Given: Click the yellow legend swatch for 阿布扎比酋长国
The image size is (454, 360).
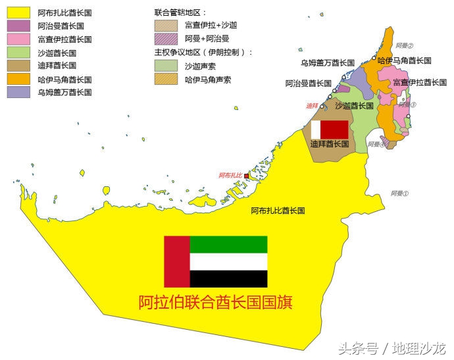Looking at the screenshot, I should (19, 13).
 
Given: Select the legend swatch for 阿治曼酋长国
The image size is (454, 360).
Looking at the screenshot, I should (19, 26).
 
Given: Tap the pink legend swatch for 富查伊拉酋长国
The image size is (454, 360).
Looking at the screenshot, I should (19, 39).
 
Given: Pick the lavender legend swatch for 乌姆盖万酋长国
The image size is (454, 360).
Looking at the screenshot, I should (19, 92).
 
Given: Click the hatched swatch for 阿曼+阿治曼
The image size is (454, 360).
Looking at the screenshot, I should (166, 39).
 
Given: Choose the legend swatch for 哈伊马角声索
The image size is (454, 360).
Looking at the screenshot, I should (166, 79).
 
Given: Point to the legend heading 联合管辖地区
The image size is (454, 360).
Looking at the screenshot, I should (180, 13).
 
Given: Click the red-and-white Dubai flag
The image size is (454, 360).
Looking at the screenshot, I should (329, 129).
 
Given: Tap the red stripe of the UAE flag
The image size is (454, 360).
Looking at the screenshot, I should (176, 261).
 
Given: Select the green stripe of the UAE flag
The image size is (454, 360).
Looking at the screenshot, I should (228, 244).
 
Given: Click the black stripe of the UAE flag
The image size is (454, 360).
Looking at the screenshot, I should (228, 278).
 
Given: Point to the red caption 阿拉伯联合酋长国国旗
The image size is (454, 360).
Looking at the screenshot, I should (215, 303).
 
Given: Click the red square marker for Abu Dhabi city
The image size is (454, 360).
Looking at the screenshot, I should (247, 176).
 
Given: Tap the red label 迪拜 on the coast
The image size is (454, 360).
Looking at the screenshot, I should (312, 105).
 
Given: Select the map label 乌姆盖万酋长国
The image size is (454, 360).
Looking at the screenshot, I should (328, 63).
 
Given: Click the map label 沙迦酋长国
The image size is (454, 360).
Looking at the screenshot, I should (354, 105).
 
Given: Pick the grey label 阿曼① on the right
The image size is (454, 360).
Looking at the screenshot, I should (399, 193).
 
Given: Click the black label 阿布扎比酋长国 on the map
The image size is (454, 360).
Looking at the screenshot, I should (278, 211).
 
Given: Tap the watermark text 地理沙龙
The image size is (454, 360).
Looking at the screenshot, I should (419, 347).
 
